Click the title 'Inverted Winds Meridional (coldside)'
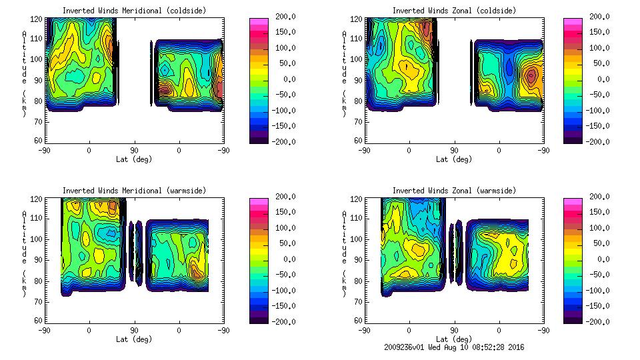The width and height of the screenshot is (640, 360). pos(134,11)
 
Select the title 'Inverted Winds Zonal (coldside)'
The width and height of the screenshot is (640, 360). pos(454,11)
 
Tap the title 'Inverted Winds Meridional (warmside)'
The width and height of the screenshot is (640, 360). pos(134,191)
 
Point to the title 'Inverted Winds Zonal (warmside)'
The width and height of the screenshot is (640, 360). pos(454,191)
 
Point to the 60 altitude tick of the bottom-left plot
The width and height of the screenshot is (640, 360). pos(39,321)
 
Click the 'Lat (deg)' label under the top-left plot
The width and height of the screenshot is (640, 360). pos(134,159)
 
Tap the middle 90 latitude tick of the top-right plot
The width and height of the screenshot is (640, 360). pos(455,151)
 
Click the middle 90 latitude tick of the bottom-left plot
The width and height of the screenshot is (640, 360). pos(134,330)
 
